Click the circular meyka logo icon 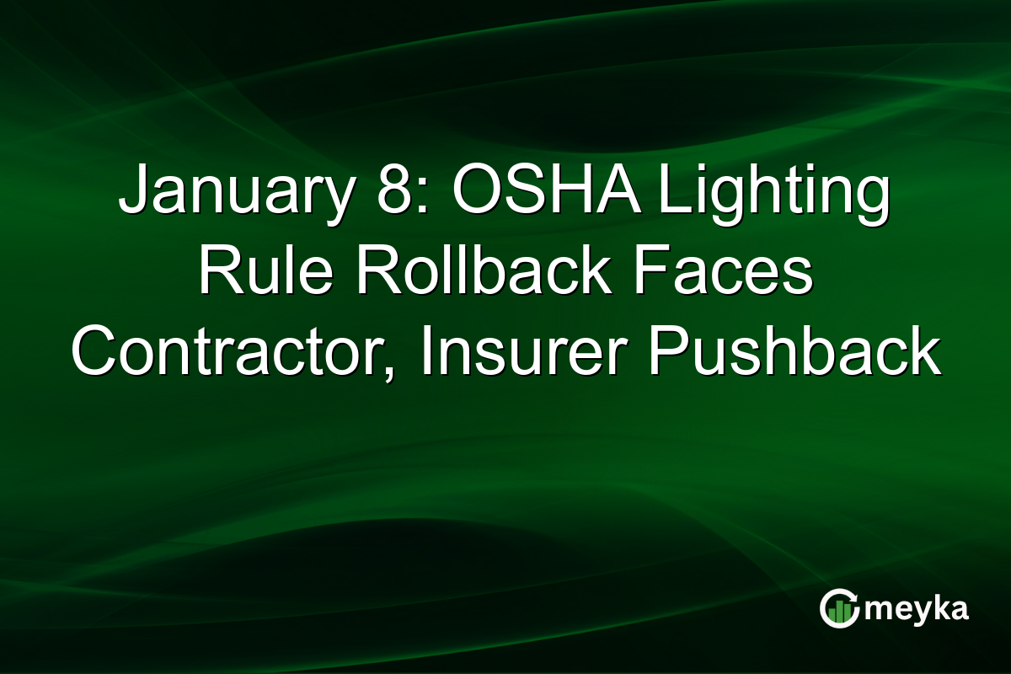click(839, 608)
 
